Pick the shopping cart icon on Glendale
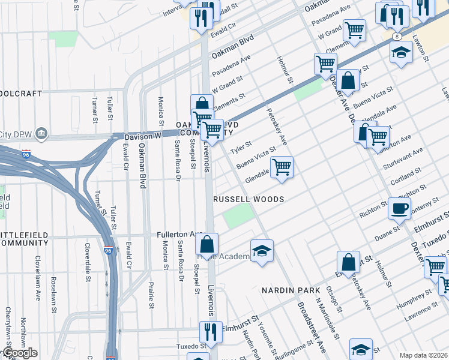[x=282, y=167]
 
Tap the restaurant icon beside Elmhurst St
[x=210, y=332]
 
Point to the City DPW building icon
[x=41, y=132]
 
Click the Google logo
[x=19, y=353]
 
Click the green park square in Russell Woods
[x=239, y=215]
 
